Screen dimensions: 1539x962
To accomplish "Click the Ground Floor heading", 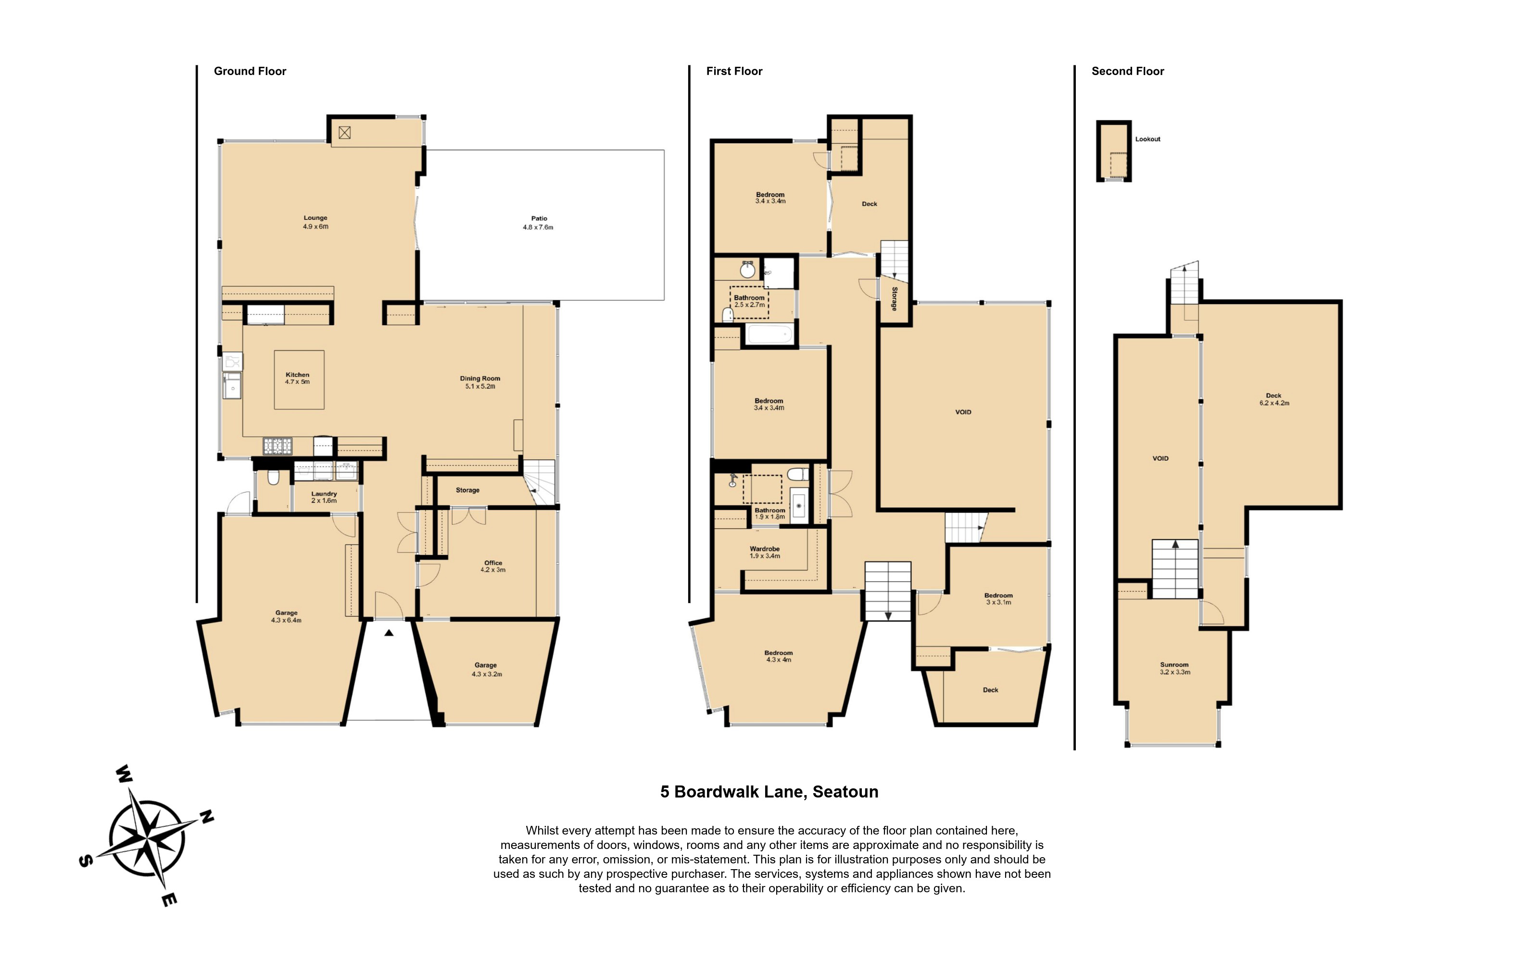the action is [x=250, y=71].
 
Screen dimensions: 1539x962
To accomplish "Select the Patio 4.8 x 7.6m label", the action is [x=538, y=223].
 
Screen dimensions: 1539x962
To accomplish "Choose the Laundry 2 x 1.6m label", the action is [x=324, y=497].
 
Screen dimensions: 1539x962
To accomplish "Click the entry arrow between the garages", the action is [x=389, y=633].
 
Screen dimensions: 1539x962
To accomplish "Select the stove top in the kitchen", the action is [x=278, y=446].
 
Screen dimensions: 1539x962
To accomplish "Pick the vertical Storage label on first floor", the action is [x=894, y=298].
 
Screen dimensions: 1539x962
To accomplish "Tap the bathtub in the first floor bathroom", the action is [x=769, y=334].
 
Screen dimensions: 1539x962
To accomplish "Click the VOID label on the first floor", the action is [x=963, y=412].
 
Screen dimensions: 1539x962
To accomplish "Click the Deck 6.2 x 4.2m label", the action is [x=1274, y=399].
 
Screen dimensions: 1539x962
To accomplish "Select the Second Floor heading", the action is [x=1127, y=71].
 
